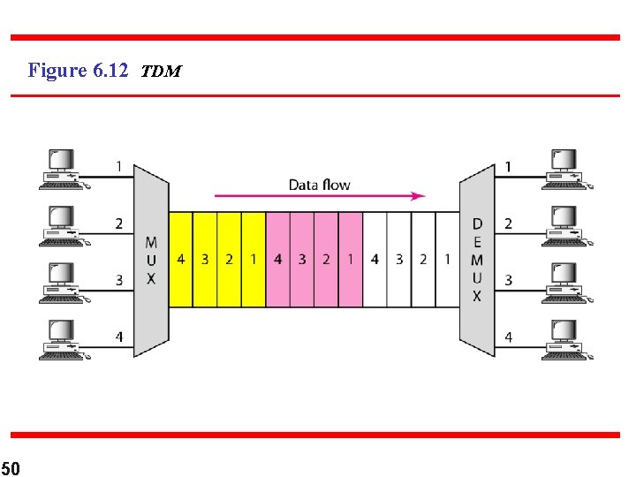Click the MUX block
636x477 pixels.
tap(151, 260)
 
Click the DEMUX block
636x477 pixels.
tap(477, 260)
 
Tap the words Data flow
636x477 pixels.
tap(319, 185)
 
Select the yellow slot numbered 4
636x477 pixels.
tap(180, 260)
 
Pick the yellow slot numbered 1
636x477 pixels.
tap(253, 260)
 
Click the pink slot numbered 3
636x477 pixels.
tap(301, 260)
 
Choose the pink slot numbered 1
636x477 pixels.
tap(350, 260)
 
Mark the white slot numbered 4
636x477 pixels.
tap(375, 260)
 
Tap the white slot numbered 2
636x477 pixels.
tap(423, 260)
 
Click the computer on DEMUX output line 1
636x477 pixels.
tap(566, 169)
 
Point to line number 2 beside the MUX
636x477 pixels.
tap(118, 224)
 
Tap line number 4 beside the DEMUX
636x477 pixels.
tap(508, 337)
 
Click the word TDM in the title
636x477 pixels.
tap(161, 72)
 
